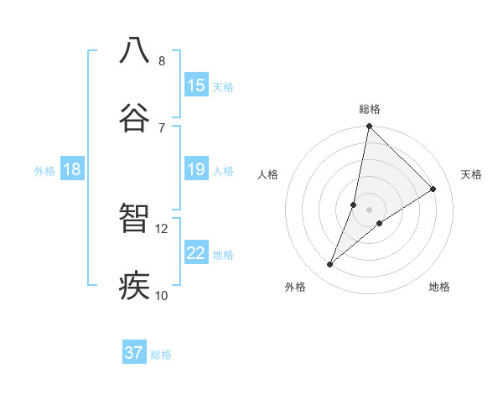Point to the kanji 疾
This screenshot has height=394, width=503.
[135, 284]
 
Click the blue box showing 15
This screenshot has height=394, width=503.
[196, 86]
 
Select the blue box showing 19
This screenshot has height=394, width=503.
[196, 170]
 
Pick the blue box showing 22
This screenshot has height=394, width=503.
[196, 254]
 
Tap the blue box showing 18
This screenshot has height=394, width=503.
[72, 170]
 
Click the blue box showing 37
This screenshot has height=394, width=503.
[134, 353]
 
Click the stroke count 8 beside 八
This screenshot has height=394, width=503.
[162, 61]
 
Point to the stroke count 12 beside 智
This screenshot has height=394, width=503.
[162, 228]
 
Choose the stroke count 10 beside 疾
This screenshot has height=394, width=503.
[162, 295]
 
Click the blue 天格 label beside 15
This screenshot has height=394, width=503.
[223, 86]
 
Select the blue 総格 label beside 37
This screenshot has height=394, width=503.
[161, 355]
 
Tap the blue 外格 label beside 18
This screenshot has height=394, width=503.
[44, 171]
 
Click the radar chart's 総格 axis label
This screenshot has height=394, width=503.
[370, 109]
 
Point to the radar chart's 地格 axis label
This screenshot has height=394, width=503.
[439, 287]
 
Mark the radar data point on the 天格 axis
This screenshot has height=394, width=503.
[433, 189]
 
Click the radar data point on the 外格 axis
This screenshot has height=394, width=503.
[330, 265]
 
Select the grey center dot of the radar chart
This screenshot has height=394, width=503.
[370, 209]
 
